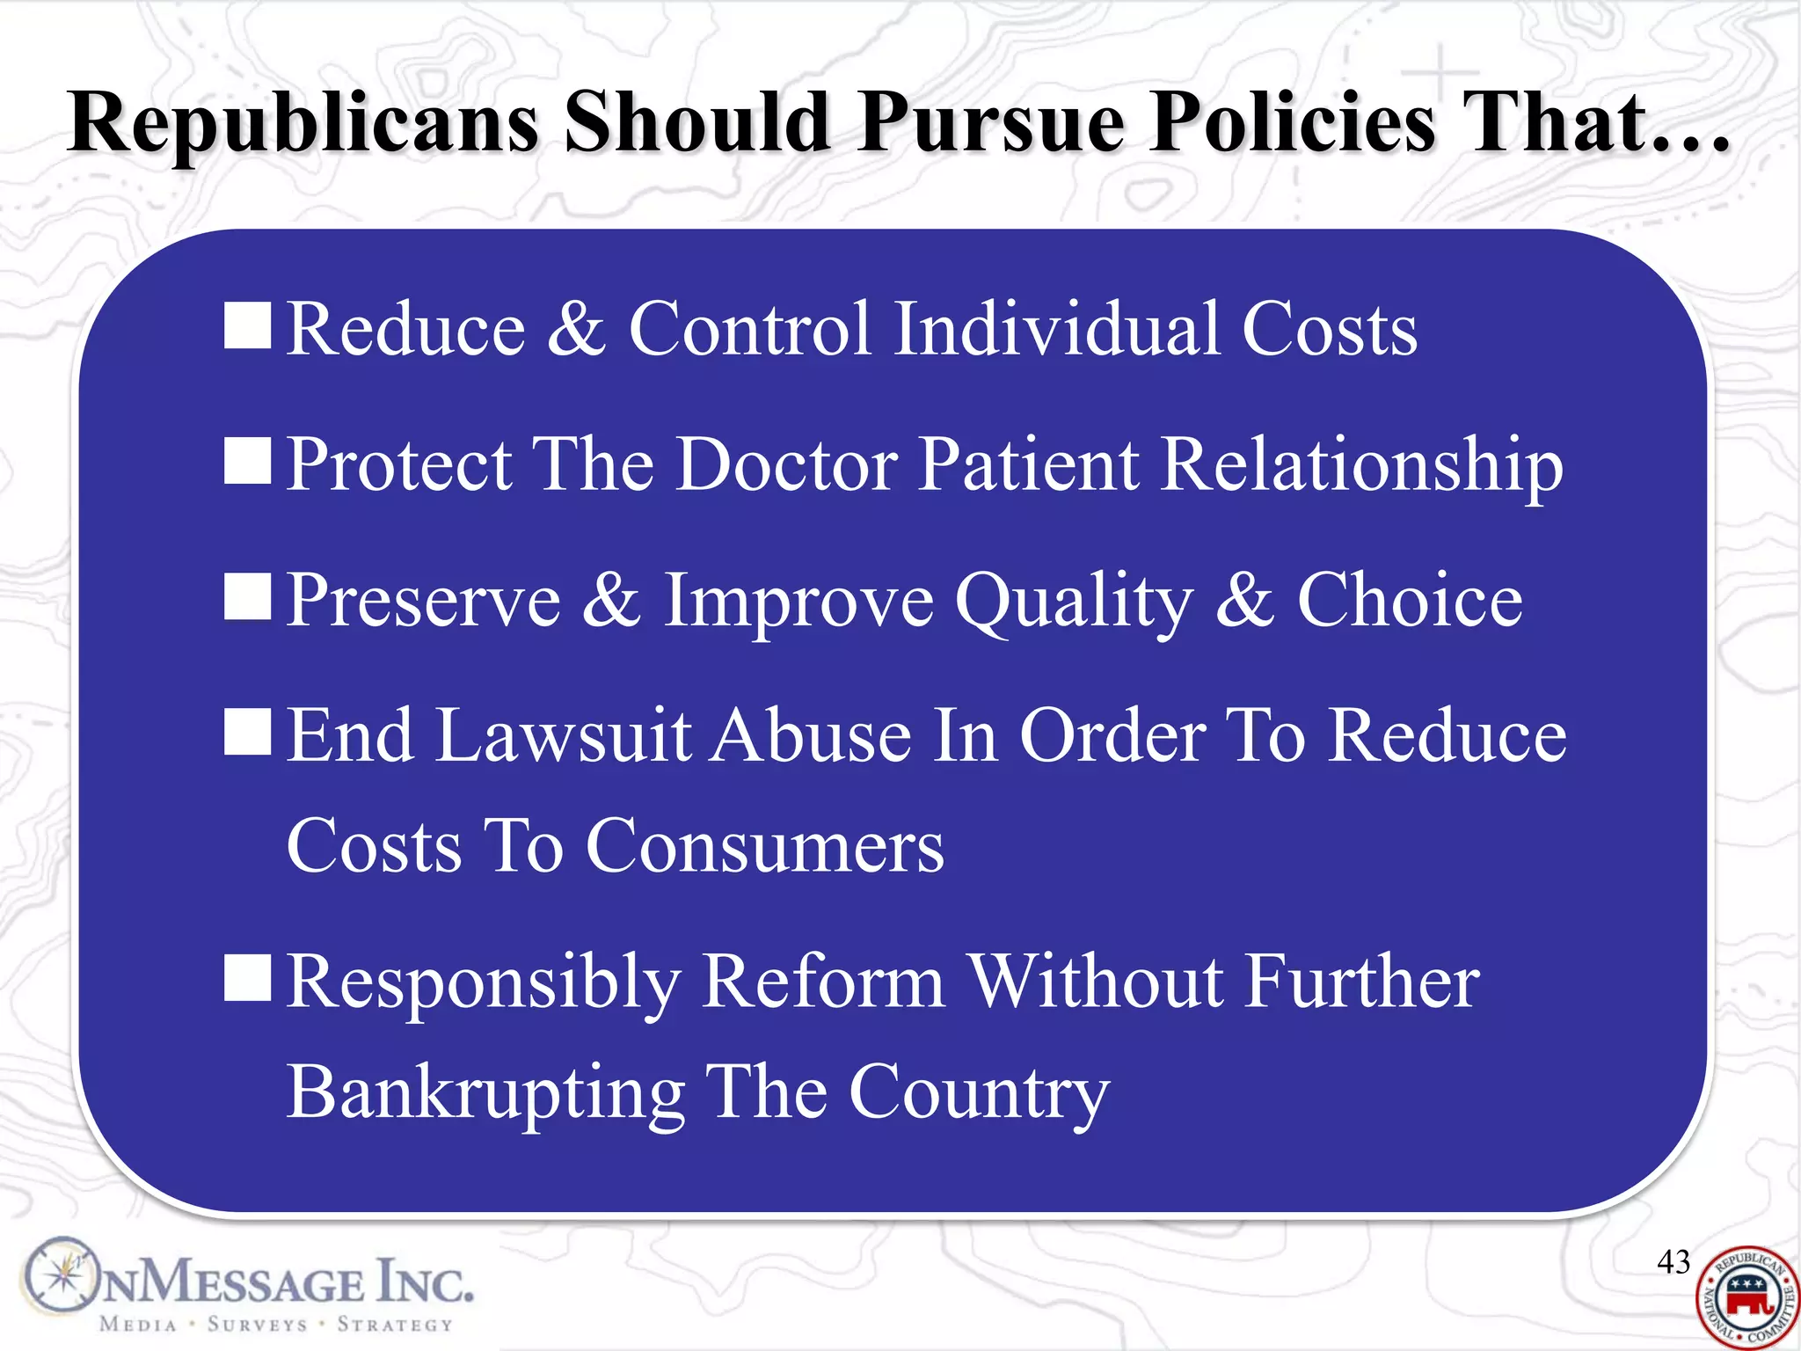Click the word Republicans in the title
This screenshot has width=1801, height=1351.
pos(303,123)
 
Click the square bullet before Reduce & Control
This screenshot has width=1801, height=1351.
pos(247,326)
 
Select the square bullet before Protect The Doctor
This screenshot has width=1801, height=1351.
pos(247,462)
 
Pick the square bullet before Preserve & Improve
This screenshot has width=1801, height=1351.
pos(247,597)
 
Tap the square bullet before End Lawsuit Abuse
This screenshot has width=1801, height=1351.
pos(247,733)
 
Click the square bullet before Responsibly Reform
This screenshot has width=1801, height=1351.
pos(247,979)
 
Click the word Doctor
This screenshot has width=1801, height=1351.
pos(787,464)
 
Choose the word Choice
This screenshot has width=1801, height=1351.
pos(1410,600)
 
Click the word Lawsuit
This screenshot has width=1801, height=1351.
pos(564,735)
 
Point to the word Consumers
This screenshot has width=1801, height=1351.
pos(765,846)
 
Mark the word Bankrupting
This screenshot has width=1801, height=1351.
pos(485,1093)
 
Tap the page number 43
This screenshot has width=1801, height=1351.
pos(1673,1262)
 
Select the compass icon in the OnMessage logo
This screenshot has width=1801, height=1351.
pos(62,1275)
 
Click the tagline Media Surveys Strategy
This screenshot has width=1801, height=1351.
pos(276,1325)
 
